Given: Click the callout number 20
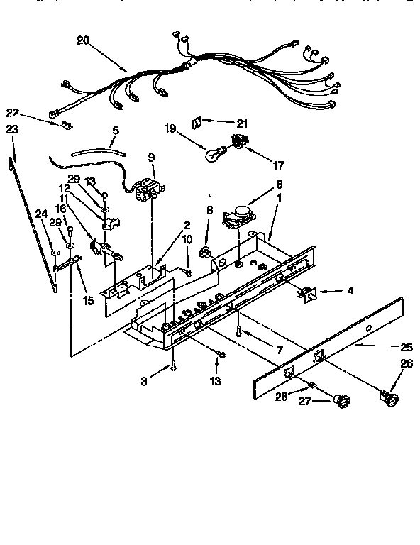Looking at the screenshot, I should click(82, 41).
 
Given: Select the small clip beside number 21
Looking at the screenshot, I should click(199, 122).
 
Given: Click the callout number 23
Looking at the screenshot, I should click(11, 129).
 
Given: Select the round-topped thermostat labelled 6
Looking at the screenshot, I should click(239, 214).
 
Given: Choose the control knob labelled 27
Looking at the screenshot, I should click(343, 404).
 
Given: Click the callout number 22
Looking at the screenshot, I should click(12, 112).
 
